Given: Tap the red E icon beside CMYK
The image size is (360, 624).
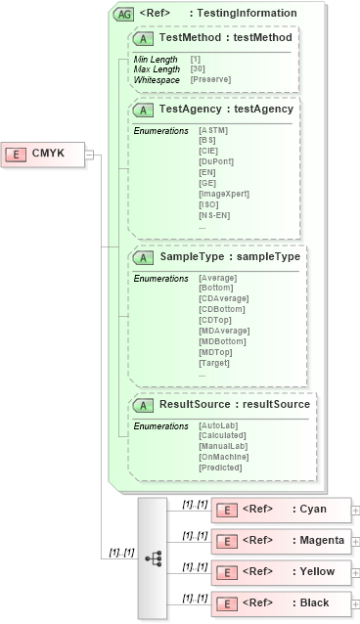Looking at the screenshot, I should [17, 154].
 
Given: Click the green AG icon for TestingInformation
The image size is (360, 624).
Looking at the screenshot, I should [124, 14].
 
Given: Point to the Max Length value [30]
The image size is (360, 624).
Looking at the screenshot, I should [196, 68].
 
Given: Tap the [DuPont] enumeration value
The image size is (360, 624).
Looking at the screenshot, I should [215, 159].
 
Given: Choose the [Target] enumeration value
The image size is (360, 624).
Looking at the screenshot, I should [213, 362].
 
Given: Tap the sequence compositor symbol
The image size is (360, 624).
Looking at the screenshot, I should [154, 557].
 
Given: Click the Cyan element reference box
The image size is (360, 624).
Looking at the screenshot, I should [282, 509].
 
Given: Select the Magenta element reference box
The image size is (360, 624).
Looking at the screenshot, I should [282, 540].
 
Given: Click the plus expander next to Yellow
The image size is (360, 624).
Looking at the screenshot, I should [355, 571].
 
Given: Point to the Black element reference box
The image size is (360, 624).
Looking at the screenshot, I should [282, 602].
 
